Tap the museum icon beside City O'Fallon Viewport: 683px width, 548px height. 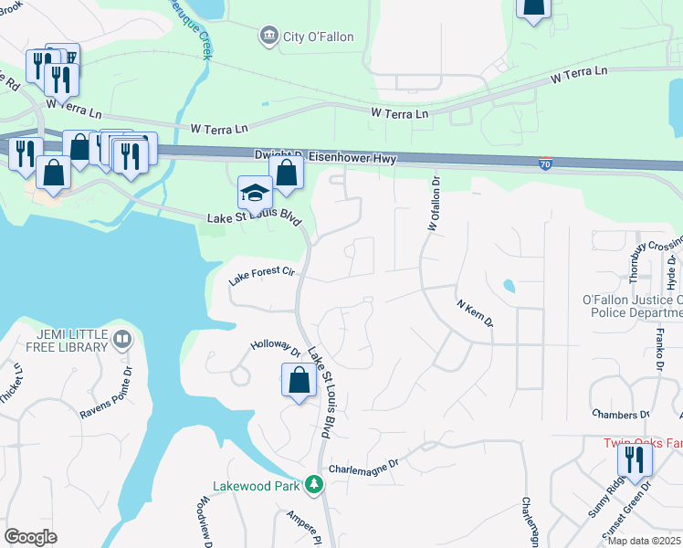(268, 37)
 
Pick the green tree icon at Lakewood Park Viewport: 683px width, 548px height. (315, 484)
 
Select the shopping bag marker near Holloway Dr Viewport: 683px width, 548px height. (299, 380)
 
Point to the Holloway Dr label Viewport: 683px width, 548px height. (276, 348)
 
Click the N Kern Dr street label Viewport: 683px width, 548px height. (474, 310)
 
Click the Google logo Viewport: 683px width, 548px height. (30, 537)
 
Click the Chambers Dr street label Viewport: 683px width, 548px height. (619, 415)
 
